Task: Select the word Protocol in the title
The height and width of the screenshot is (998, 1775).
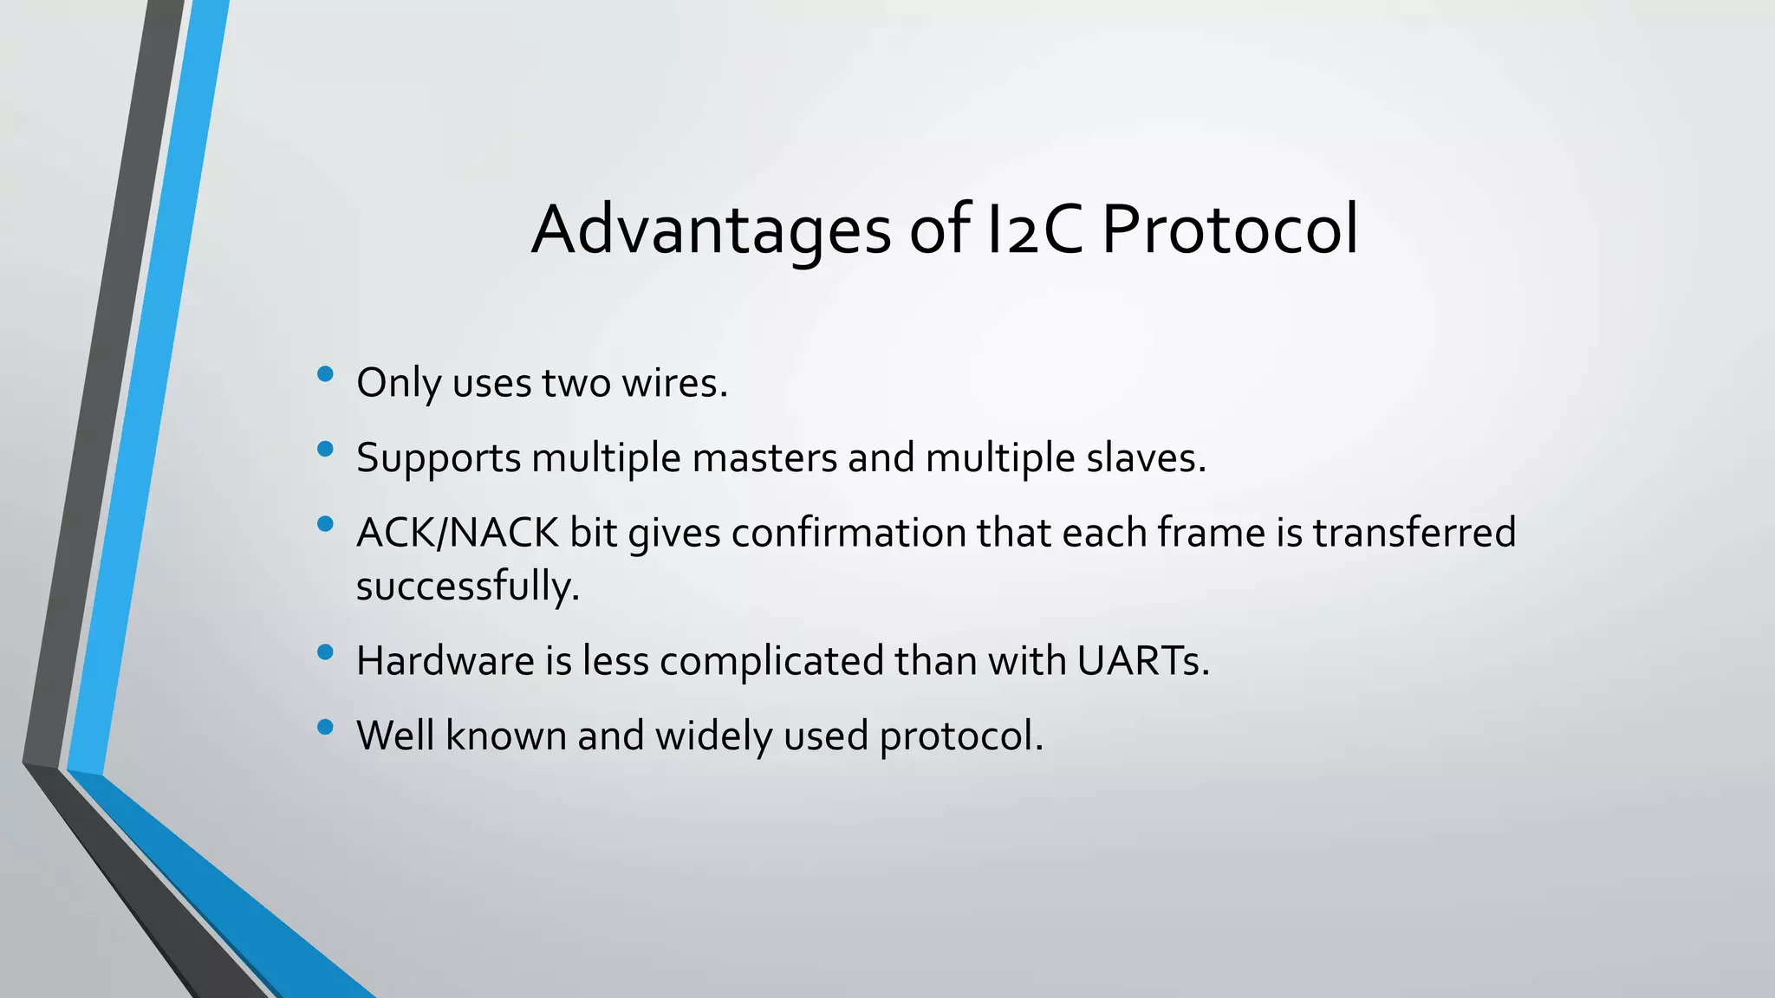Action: click(x=1229, y=230)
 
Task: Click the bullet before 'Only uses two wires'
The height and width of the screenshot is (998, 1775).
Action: click(x=326, y=374)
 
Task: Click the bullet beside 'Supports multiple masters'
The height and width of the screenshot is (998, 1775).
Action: click(x=326, y=449)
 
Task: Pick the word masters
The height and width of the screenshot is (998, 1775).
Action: click(x=764, y=457)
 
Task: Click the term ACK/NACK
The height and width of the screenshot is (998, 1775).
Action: click(x=457, y=532)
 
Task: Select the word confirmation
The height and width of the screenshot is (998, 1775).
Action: click(x=848, y=532)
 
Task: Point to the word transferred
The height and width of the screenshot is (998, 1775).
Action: click(x=1414, y=532)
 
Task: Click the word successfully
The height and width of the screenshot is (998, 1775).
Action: click(x=467, y=586)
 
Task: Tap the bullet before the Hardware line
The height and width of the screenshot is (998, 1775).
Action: click(x=326, y=652)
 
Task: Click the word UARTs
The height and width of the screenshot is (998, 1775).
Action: click(x=1143, y=661)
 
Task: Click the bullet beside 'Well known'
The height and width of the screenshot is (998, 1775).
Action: click(x=326, y=727)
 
